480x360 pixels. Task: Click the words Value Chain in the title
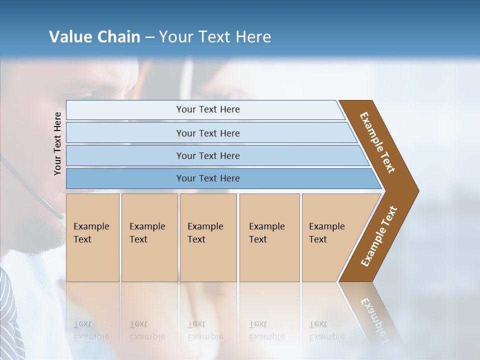[94, 37]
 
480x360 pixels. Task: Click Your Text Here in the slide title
[215, 37]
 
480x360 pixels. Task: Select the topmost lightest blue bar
[207, 109]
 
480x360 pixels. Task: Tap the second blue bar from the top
[207, 133]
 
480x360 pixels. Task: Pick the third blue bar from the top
[207, 155]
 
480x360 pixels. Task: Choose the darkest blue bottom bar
[207, 178]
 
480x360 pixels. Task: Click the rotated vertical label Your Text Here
[57, 143]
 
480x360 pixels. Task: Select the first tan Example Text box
[92, 237]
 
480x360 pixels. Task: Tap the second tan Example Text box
[149, 237]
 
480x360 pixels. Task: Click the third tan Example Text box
[207, 237]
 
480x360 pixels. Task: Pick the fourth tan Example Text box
[269, 237]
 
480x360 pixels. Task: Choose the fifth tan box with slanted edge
[330, 237]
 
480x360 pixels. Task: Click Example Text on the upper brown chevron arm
[377, 142]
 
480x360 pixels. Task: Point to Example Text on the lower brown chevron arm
[378, 236]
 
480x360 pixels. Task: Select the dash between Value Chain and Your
[149, 37]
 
